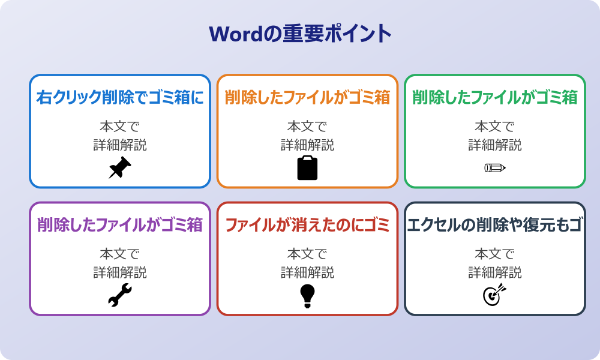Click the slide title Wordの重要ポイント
click(300, 34)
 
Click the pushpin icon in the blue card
click(120, 167)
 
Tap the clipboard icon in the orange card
click(307, 167)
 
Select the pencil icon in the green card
click(494, 167)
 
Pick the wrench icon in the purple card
click(120, 295)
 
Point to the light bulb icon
click(307, 295)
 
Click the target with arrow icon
click(494, 295)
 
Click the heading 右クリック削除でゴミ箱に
click(120, 97)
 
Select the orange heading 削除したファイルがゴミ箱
click(307, 97)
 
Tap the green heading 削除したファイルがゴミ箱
click(494, 97)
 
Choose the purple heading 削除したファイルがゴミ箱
click(120, 225)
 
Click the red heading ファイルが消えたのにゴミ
click(307, 225)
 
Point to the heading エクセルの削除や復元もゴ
click(494, 225)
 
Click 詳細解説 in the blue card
click(120, 145)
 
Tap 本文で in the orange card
click(307, 127)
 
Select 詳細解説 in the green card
click(494, 145)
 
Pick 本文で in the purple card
click(120, 254)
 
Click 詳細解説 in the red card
click(307, 272)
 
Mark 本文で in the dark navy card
click(494, 254)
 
